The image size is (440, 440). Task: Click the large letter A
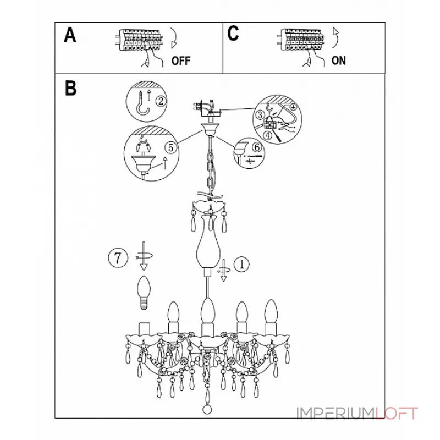point(70,35)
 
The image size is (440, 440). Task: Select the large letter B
point(70,88)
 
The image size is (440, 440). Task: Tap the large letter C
point(233,34)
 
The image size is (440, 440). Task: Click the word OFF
point(181,61)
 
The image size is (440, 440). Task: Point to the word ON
point(339,61)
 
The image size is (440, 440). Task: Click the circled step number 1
point(241,264)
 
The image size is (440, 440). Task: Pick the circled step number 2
point(161,101)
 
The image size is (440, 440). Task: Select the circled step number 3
point(260,115)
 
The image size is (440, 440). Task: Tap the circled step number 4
point(268,135)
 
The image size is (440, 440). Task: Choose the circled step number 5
point(170,147)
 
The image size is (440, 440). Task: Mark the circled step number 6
point(257,147)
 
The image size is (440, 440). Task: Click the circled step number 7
point(118,257)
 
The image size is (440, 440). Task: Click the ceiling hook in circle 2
point(142,105)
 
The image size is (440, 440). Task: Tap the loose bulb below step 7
point(144,292)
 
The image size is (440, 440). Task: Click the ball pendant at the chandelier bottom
point(207,410)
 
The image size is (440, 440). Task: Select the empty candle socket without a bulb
point(144,328)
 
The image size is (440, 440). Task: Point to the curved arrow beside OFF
point(174,38)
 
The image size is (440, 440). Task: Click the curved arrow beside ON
point(335,38)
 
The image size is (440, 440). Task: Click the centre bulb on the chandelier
point(208,310)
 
